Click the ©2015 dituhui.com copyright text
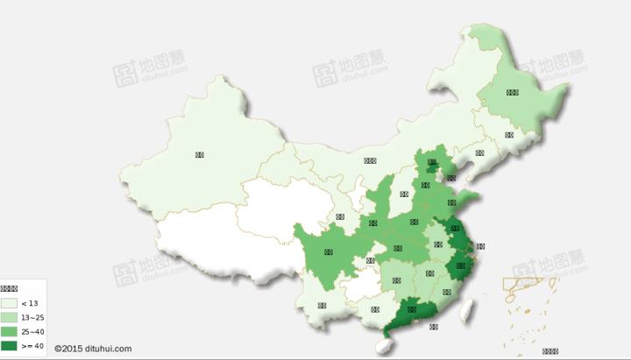pos(93,349)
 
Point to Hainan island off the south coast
pos(381,345)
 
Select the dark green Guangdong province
pos(412,310)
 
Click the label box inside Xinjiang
pos(200,155)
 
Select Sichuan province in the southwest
pos(329,252)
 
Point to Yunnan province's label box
pos(323,306)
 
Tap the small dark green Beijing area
pos(432,162)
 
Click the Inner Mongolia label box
pos(370,160)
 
